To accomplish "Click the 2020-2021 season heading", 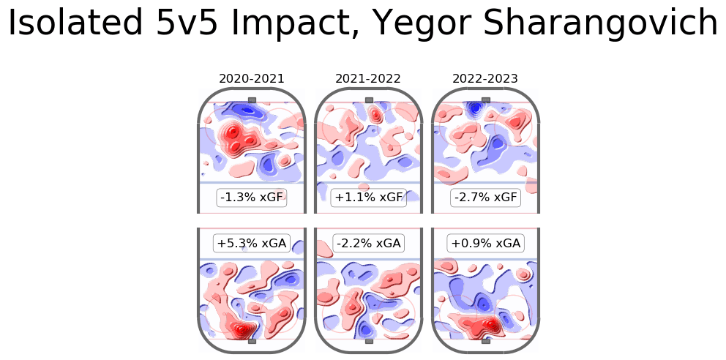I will point(252,78).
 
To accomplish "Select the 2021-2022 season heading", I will point(369,78).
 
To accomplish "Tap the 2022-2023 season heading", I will point(486,78).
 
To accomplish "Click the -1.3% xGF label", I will point(252,198).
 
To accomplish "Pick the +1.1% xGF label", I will point(369,198).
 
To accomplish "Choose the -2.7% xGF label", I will point(486,198).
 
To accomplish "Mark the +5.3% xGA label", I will point(252,243).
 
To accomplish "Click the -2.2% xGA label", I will point(369,243).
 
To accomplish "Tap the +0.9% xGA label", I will point(486,243).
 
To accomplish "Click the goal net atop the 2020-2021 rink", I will point(252,100).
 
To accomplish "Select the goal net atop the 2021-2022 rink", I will point(369,100).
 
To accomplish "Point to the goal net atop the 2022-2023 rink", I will point(486,100).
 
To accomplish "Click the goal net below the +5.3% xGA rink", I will point(252,341).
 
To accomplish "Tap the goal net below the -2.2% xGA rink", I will point(369,341).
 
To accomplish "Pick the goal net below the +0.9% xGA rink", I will point(486,341).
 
